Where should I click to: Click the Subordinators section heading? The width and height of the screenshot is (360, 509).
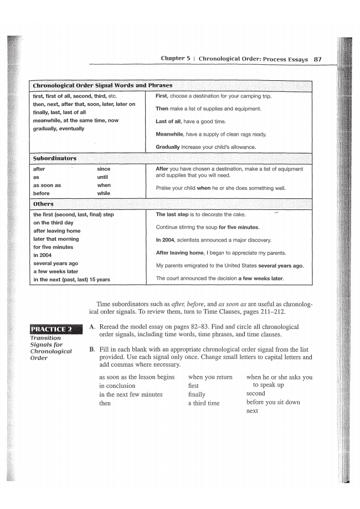coord(55,159)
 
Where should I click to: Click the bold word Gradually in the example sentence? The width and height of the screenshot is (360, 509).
coord(168,147)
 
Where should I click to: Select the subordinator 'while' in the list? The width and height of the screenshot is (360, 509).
coord(104,193)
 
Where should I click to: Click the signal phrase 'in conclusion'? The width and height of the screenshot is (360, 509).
coord(117,385)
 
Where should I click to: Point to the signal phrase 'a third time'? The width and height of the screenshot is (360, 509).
coord(204,403)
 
